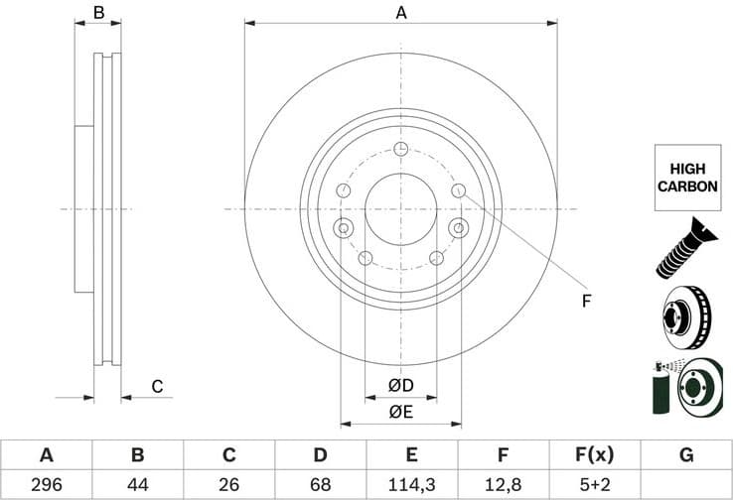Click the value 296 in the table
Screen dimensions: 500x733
pos(46,484)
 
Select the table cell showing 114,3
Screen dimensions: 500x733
pos(412,484)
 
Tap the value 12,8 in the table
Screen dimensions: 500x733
pos(504,484)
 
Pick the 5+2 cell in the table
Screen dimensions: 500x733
pos(595,484)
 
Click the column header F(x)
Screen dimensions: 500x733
pos(595,455)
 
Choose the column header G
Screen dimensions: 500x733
pos(686,455)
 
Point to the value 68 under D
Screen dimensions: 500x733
pos(320,484)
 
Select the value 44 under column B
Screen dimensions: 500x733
pos(137,484)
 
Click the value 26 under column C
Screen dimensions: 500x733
pos(228,484)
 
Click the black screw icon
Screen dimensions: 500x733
pos(685,247)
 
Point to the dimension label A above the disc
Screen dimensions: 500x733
pos(401,13)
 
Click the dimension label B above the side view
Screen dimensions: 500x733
pos(98,13)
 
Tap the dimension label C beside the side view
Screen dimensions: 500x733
pos(157,387)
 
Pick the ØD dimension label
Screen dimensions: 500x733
pos(400,386)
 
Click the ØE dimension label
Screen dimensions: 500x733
pos(400,411)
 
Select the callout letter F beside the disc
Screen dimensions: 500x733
pos(586,300)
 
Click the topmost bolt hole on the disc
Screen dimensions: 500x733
pos(400,150)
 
